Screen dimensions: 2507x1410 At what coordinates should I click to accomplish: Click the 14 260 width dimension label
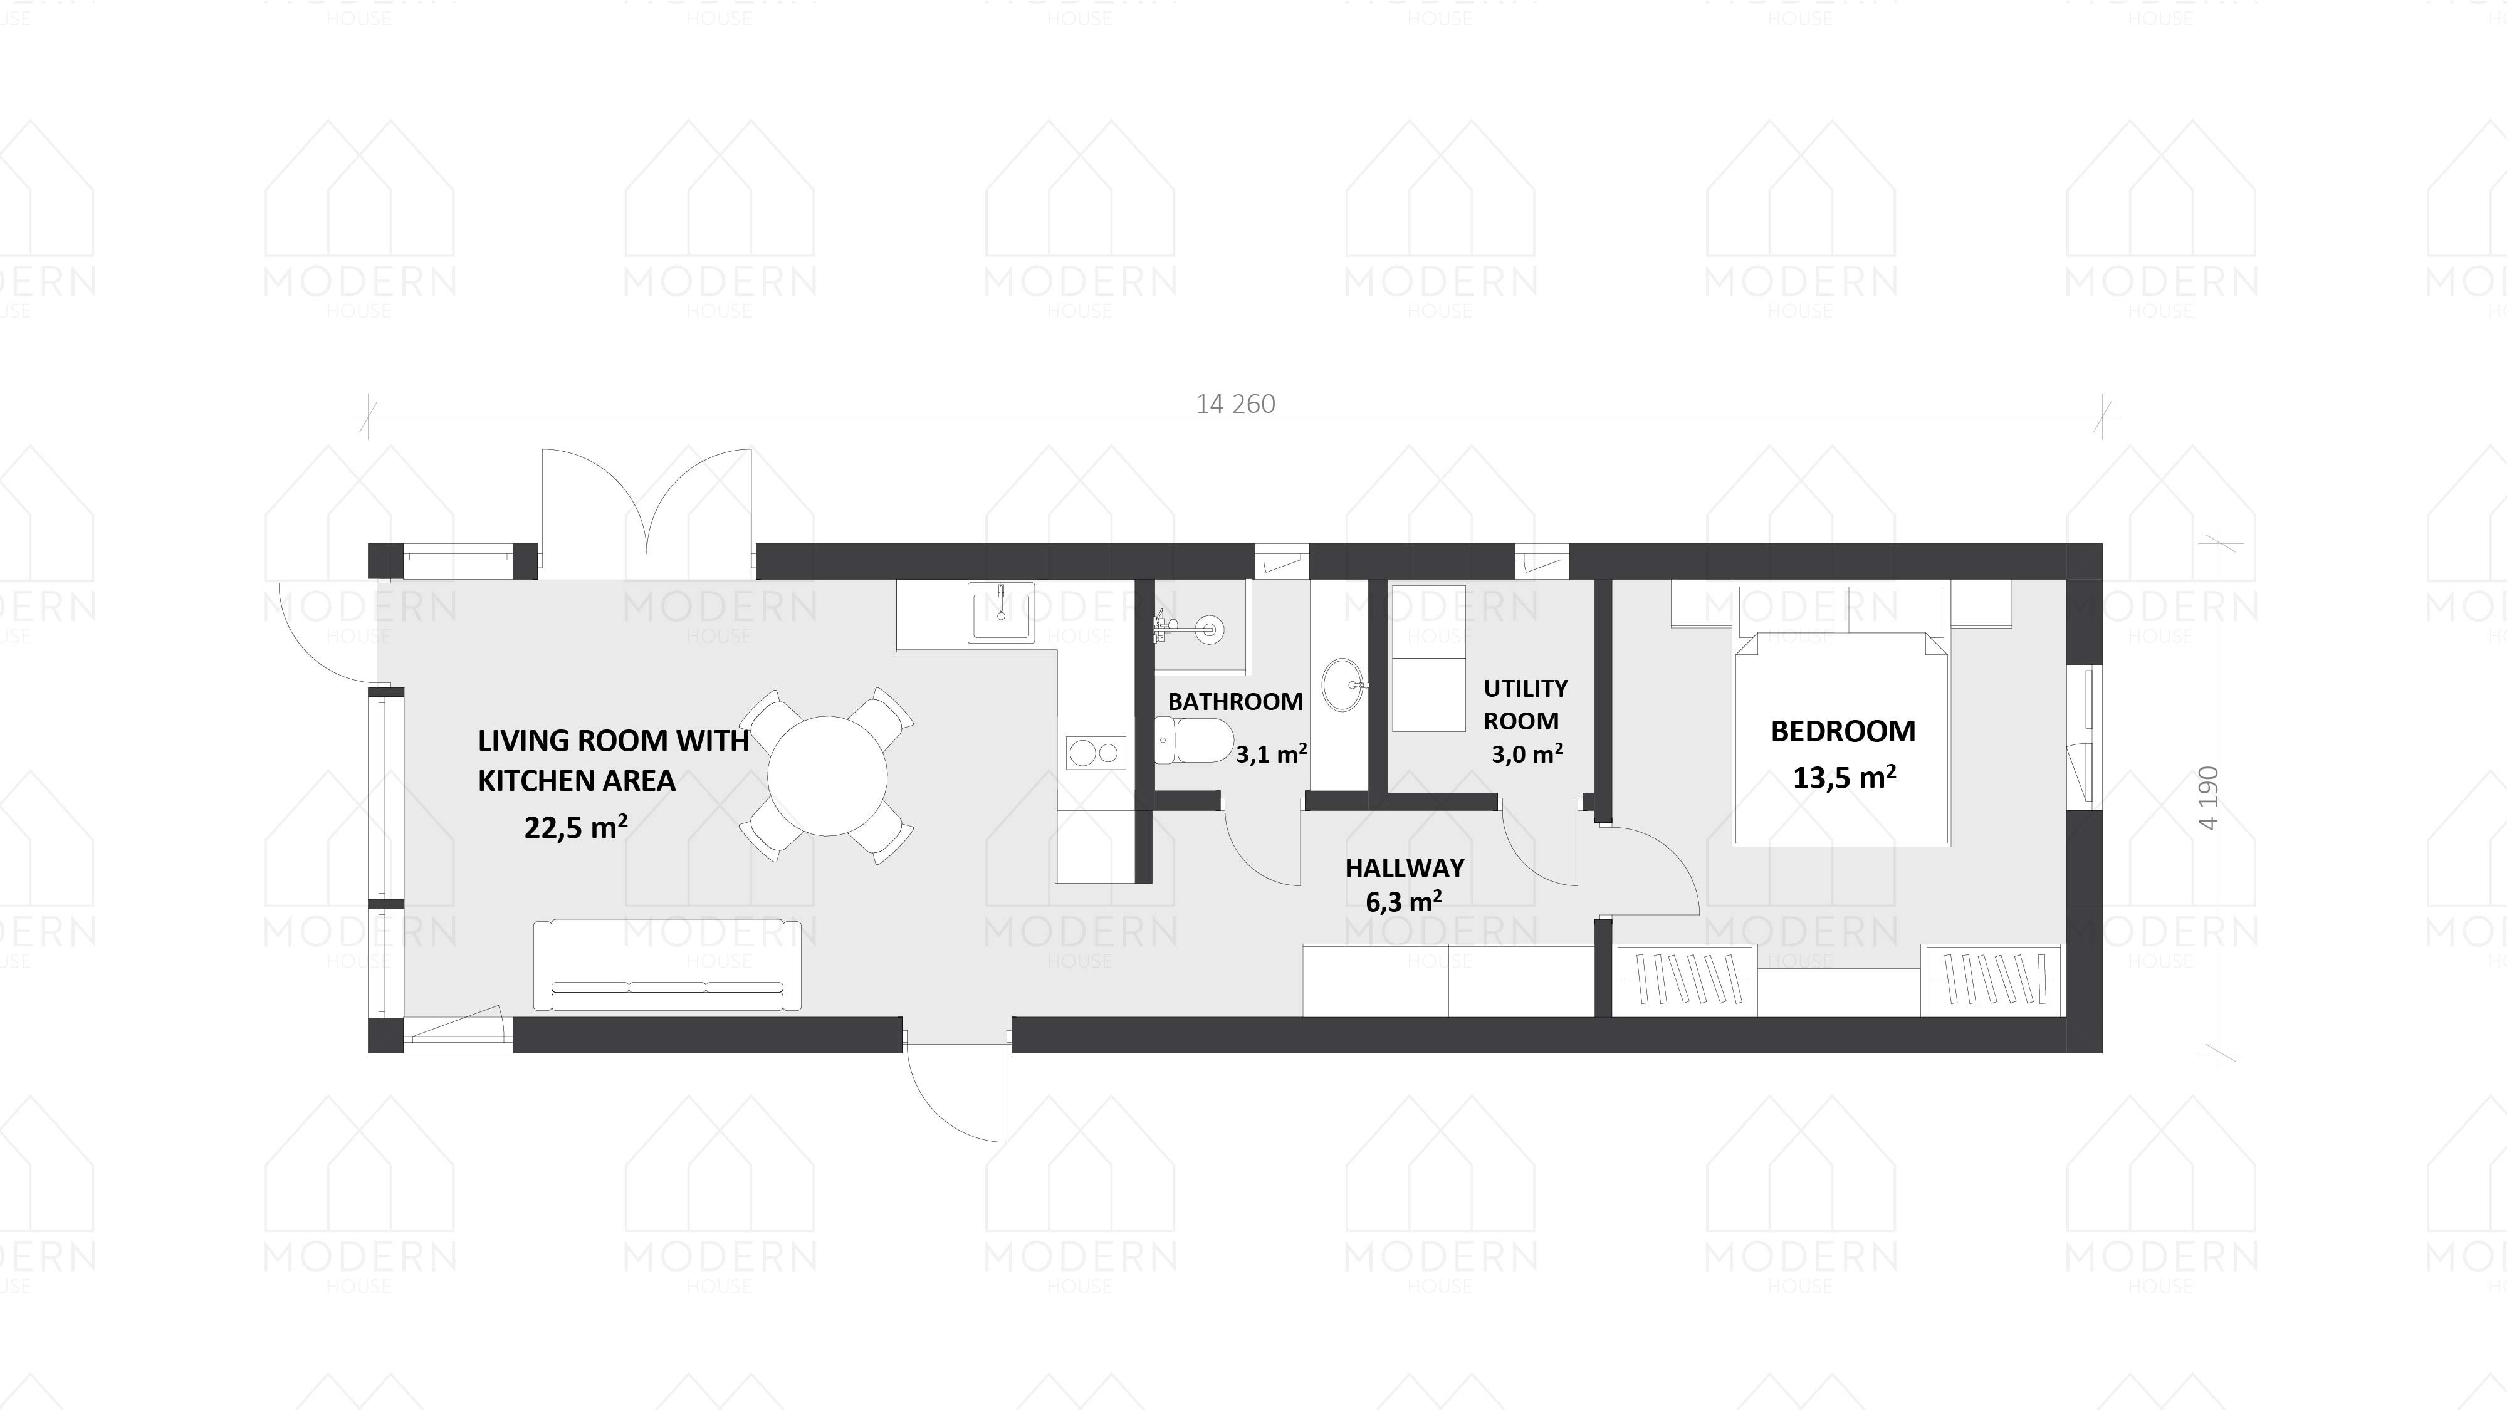(1235, 404)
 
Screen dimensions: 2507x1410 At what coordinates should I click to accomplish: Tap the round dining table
(827, 776)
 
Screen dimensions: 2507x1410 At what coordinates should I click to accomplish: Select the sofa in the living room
(667, 965)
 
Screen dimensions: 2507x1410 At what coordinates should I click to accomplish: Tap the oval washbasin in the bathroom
(1343, 685)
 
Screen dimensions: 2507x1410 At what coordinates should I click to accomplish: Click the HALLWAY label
(1405, 867)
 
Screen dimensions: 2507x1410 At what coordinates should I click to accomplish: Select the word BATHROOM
(1235, 702)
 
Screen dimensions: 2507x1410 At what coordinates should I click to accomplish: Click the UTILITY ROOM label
(1524, 704)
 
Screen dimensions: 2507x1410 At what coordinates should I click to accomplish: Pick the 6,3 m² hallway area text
(1403, 902)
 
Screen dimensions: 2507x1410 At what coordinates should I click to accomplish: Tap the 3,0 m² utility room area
(1527, 754)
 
